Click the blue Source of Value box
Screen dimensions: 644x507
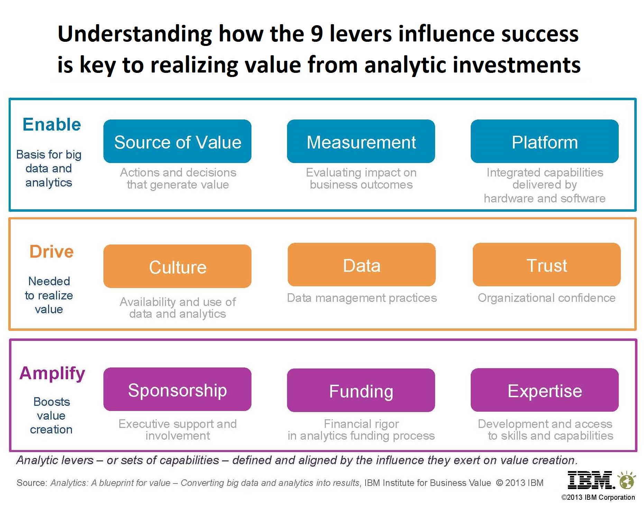tap(177, 141)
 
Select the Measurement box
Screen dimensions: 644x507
tap(361, 141)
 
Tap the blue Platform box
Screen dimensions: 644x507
tap(545, 141)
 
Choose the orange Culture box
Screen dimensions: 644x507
tap(177, 266)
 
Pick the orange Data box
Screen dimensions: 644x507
tap(362, 265)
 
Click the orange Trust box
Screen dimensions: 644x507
tap(547, 265)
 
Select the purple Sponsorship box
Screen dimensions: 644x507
tap(177, 389)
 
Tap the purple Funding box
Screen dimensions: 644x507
tap(361, 390)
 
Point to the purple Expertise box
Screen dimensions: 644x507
tap(545, 390)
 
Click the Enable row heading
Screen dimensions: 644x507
tap(52, 124)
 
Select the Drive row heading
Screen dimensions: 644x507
tap(52, 251)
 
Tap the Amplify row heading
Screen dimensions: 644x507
tap(52, 374)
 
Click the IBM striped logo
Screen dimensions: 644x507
tap(591, 480)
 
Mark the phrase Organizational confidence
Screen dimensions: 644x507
tap(547, 298)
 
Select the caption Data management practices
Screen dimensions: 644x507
tap(362, 298)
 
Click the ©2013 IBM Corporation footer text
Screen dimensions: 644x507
tap(598, 497)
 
